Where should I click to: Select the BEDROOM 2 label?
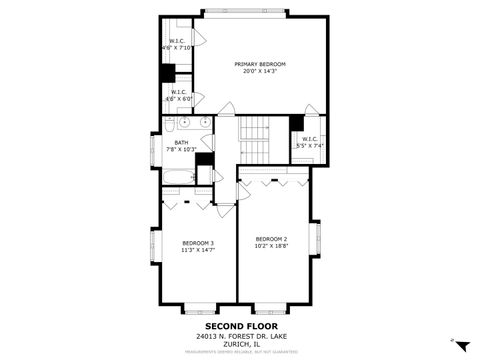coord(271,238)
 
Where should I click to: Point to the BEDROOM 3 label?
coord(198,243)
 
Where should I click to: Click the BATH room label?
coord(181,142)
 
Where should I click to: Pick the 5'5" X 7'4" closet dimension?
coord(310,146)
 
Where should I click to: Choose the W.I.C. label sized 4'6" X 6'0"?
coord(179,92)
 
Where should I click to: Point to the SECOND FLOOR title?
coord(241,326)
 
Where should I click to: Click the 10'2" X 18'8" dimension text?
coord(271,245)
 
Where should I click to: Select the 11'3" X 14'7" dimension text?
coord(198,250)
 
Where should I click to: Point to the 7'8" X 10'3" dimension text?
coord(181,149)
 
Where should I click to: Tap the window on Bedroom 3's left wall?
coord(153,246)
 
